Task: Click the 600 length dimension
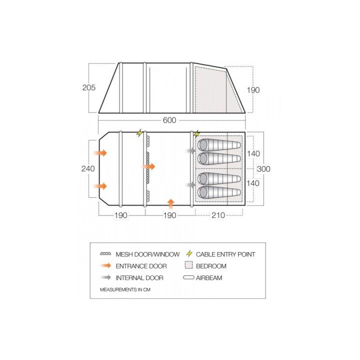pos(169,120)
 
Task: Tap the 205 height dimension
pos(89,87)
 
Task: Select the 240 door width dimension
pos(88,169)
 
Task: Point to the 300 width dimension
pos(263,169)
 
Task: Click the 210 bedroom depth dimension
pos(218,215)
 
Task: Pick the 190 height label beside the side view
pos(253,90)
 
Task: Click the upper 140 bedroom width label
pos(253,153)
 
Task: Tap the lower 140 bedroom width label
pos(253,183)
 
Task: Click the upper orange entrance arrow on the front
pos(100,152)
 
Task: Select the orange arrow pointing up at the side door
pos(170,204)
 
